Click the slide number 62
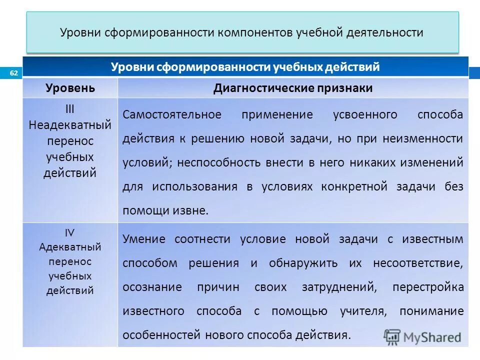(x=13, y=73)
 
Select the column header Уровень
(x=70, y=88)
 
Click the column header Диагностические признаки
(x=293, y=88)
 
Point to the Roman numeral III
(x=70, y=108)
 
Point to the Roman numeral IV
(x=70, y=232)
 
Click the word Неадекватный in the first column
(x=70, y=124)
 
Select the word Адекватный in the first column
(x=70, y=247)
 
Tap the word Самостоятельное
(x=172, y=114)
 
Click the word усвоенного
(x=365, y=114)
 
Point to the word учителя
(x=363, y=311)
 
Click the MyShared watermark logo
(x=422, y=336)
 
